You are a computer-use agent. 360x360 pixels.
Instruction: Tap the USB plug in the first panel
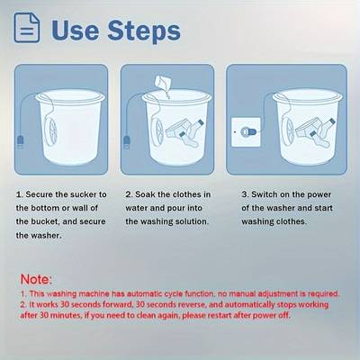[x=20, y=140]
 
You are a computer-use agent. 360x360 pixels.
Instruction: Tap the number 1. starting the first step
[x=20, y=193]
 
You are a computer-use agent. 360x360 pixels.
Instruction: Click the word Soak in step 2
[x=148, y=193]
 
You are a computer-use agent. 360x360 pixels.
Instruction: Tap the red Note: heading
[x=35, y=280]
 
